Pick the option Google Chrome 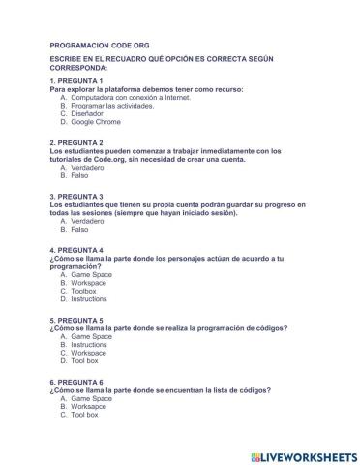click(96, 123)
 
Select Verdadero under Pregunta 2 click(91, 167)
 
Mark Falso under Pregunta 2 click(80, 175)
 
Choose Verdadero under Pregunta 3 click(91, 221)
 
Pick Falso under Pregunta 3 click(80, 230)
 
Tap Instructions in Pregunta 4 click(89, 299)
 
